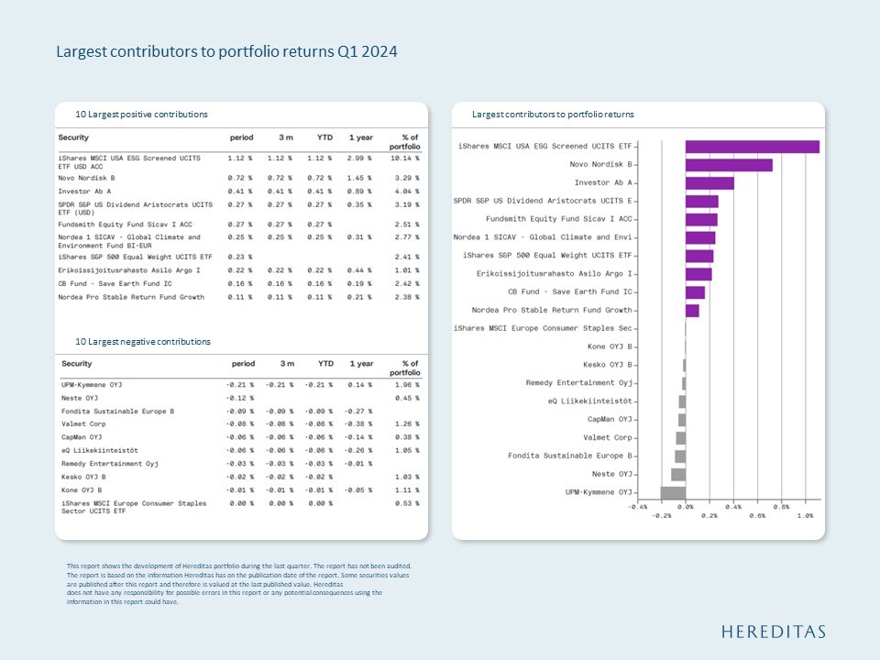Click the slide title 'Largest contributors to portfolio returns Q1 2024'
click(x=226, y=52)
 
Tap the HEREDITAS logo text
click(x=774, y=632)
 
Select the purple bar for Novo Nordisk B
click(x=729, y=165)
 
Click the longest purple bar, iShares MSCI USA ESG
click(x=752, y=147)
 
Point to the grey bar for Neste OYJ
click(x=678, y=475)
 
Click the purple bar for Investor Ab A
click(x=709, y=183)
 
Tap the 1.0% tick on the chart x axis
click(x=805, y=516)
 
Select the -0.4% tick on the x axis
click(x=637, y=506)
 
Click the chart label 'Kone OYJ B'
click(x=610, y=346)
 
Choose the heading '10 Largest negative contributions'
click(x=143, y=342)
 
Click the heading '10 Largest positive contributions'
click(x=141, y=114)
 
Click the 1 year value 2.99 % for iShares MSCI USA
click(x=359, y=158)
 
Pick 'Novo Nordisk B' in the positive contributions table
click(x=86, y=177)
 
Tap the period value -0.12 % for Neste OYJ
click(x=239, y=398)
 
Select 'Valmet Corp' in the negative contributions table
click(x=83, y=424)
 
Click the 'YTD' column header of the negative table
click(x=325, y=364)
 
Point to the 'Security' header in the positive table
click(x=73, y=137)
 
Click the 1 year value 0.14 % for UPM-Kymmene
click(x=360, y=385)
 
